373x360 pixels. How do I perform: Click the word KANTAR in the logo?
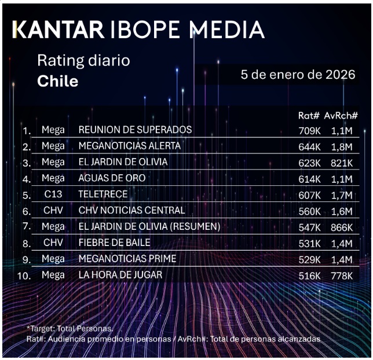(58, 29)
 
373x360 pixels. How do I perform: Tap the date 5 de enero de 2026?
(297, 75)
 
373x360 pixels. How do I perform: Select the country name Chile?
(57, 81)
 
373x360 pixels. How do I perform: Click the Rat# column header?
(309, 116)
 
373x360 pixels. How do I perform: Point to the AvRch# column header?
(341, 116)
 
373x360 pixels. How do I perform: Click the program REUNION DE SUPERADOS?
(135, 130)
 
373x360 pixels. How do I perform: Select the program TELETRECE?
(103, 194)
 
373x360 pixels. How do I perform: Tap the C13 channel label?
(53, 194)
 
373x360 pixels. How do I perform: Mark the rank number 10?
(24, 275)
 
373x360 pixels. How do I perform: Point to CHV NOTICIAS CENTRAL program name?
(131, 210)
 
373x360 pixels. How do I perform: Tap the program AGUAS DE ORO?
(112, 178)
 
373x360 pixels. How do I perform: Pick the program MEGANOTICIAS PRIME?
(127, 259)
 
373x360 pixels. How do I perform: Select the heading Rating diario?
(83, 60)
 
